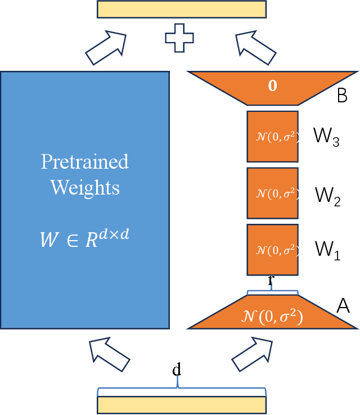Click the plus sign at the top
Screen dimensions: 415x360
[179, 38]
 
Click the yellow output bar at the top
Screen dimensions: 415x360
[181, 10]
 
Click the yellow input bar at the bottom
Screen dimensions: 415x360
[181, 405]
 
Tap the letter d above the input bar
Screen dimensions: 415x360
[177, 370]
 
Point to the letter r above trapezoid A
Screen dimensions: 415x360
[271, 280]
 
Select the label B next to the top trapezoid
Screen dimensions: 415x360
[342, 96]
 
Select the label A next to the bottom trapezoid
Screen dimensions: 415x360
[343, 306]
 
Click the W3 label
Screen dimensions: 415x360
[326, 138]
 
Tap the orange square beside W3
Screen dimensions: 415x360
[272, 136]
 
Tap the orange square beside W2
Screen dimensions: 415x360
[272, 193]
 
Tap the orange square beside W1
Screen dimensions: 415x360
[272, 249]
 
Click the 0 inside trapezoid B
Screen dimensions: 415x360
[272, 87]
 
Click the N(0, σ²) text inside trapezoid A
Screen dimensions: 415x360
[272, 317]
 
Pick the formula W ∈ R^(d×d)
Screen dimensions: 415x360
[84, 237]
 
